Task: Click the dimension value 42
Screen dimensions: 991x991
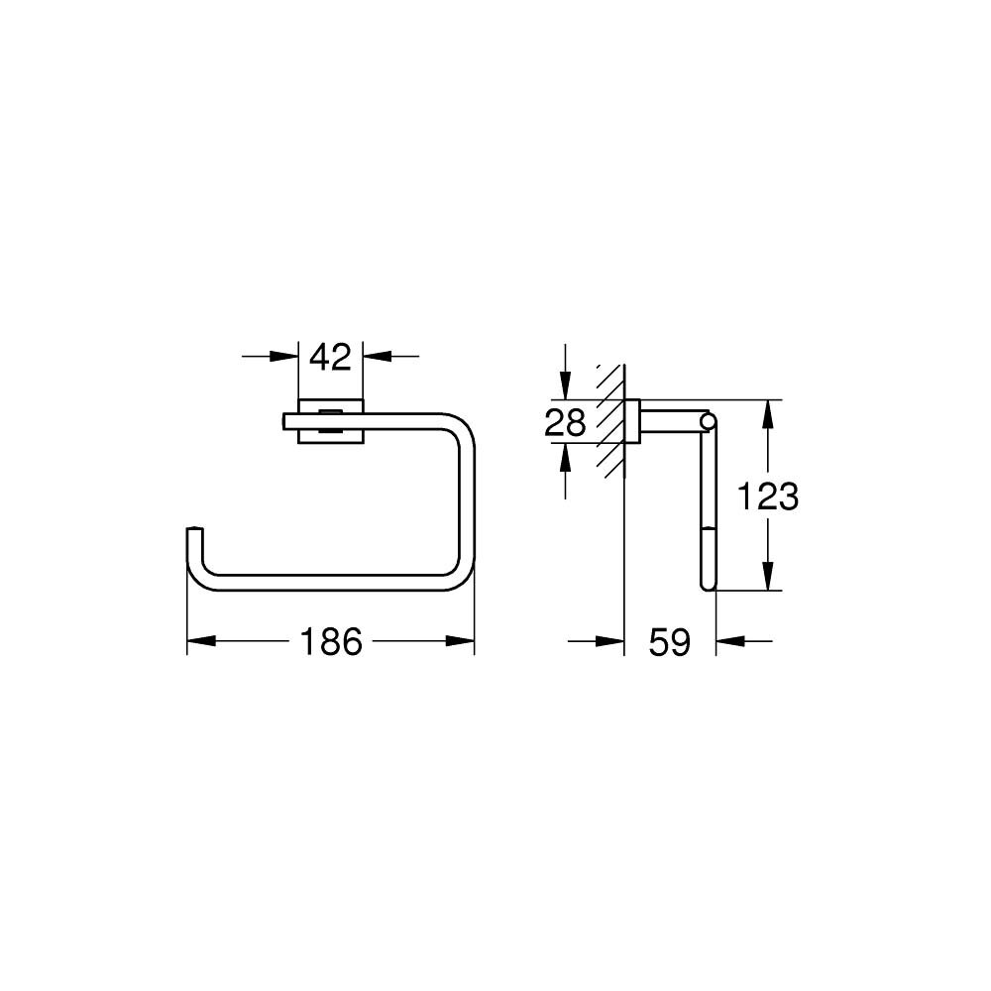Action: pos(331,357)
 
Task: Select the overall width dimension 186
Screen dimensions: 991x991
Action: pos(331,642)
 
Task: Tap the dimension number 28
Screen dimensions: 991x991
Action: pos(566,423)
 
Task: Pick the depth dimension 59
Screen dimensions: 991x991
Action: pos(669,642)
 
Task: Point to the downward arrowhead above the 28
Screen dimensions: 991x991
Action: pos(565,388)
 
